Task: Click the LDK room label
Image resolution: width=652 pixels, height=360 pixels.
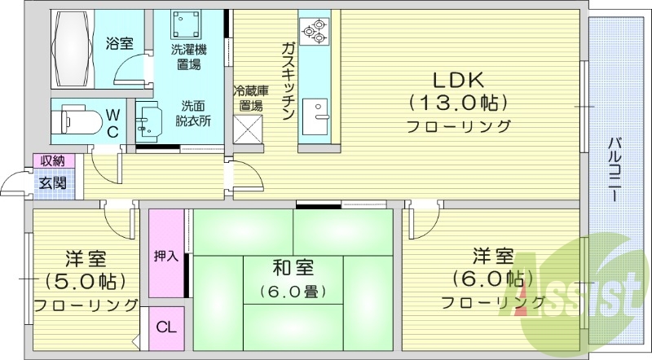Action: click(458, 80)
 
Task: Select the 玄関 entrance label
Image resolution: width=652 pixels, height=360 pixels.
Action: click(48, 182)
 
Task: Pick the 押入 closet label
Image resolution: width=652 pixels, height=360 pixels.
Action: click(165, 256)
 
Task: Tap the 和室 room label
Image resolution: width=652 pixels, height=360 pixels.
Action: click(293, 268)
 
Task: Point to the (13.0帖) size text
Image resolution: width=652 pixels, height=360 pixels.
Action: click(458, 103)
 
